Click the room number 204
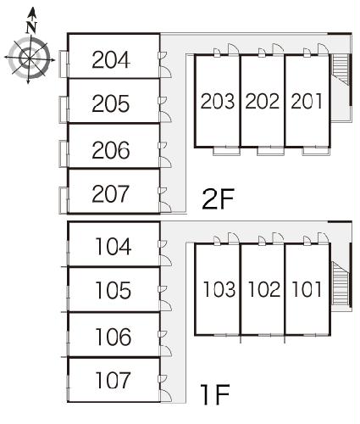(111, 59)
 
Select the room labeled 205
(111, 103)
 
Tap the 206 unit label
(111, 150)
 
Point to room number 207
(110, 193)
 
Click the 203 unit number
(218, 101)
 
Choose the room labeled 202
(263, 101)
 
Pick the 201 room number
(307, 101)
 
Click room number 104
(114, 247)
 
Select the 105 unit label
(114, 290)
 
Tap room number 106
(114, 337)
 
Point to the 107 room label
(113, 380)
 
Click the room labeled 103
(219, 289)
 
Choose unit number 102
(264, 289)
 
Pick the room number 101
(307, 289)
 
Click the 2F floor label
(218, 199)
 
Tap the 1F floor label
(215, 394)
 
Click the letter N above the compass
(31, 27)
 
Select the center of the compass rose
(30, 59)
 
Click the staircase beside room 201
(341, 70)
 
